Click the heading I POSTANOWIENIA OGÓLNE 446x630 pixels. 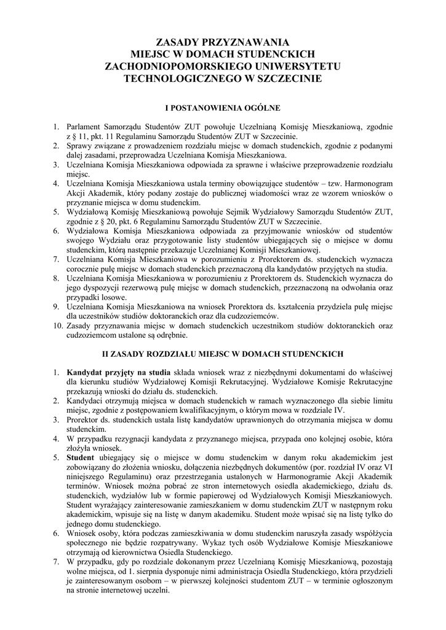tap(222, 108)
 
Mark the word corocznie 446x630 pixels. tap(86, 269)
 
